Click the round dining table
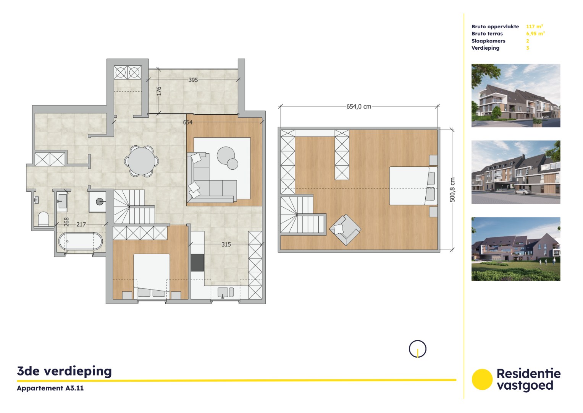click(x=141, y=161)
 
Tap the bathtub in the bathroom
click(x=81, y=241)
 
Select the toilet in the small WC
click(x=44, y=219)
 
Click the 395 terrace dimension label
click(x=193, y=80)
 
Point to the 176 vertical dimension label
click(x=159, y=91)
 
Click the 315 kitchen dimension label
click(x=226, y=244)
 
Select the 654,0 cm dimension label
click(x=359, y=107)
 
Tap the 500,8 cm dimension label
click(x=452, y=190)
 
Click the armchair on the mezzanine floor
click(x=345, y=229)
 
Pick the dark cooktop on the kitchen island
click(x=197, y=262)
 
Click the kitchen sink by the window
click(x=226, y=292)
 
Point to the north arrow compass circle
click(x=417, y=349)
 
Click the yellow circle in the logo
click(x=482, y=379)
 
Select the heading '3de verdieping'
click(x=65, y=371)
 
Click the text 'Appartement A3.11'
click(x=50, y=388)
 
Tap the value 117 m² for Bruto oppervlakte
click(x=534, y=26)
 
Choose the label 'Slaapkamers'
click(x=488, y=41)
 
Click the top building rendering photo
click(x=515, y=96)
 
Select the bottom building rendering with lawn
click(x=515, y=249)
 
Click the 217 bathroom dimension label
click(x=81, y=224)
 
